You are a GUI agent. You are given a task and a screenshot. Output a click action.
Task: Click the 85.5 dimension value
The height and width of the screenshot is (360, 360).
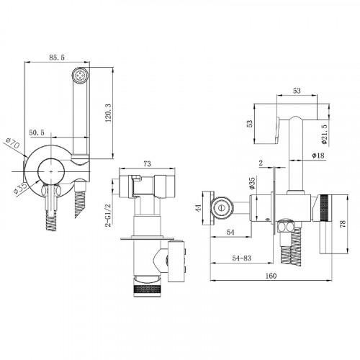[x=57, y=58]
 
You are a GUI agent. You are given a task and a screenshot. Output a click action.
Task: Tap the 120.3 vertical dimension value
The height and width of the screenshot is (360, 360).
[x=108, y=113]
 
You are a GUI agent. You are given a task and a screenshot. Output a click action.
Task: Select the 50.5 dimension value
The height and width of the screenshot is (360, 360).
[x=37, y=132]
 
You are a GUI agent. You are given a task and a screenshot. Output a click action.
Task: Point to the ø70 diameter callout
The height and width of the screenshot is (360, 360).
[x=13, y=143]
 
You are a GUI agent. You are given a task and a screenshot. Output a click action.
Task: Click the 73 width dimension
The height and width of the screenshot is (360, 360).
[x=147, y=163]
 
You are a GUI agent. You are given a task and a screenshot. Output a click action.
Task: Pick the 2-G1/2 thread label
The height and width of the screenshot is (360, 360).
[x=109, y=215]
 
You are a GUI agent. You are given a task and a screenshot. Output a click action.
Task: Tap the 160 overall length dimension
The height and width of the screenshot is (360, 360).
[x=271, y=276]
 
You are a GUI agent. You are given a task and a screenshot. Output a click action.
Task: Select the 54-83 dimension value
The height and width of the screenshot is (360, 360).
[x=241, y=258]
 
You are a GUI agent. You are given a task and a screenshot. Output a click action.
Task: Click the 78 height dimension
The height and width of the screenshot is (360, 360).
[x=343, y=224]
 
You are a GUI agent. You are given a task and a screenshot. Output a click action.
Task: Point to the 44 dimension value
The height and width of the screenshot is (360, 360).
[x=198, y=208]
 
